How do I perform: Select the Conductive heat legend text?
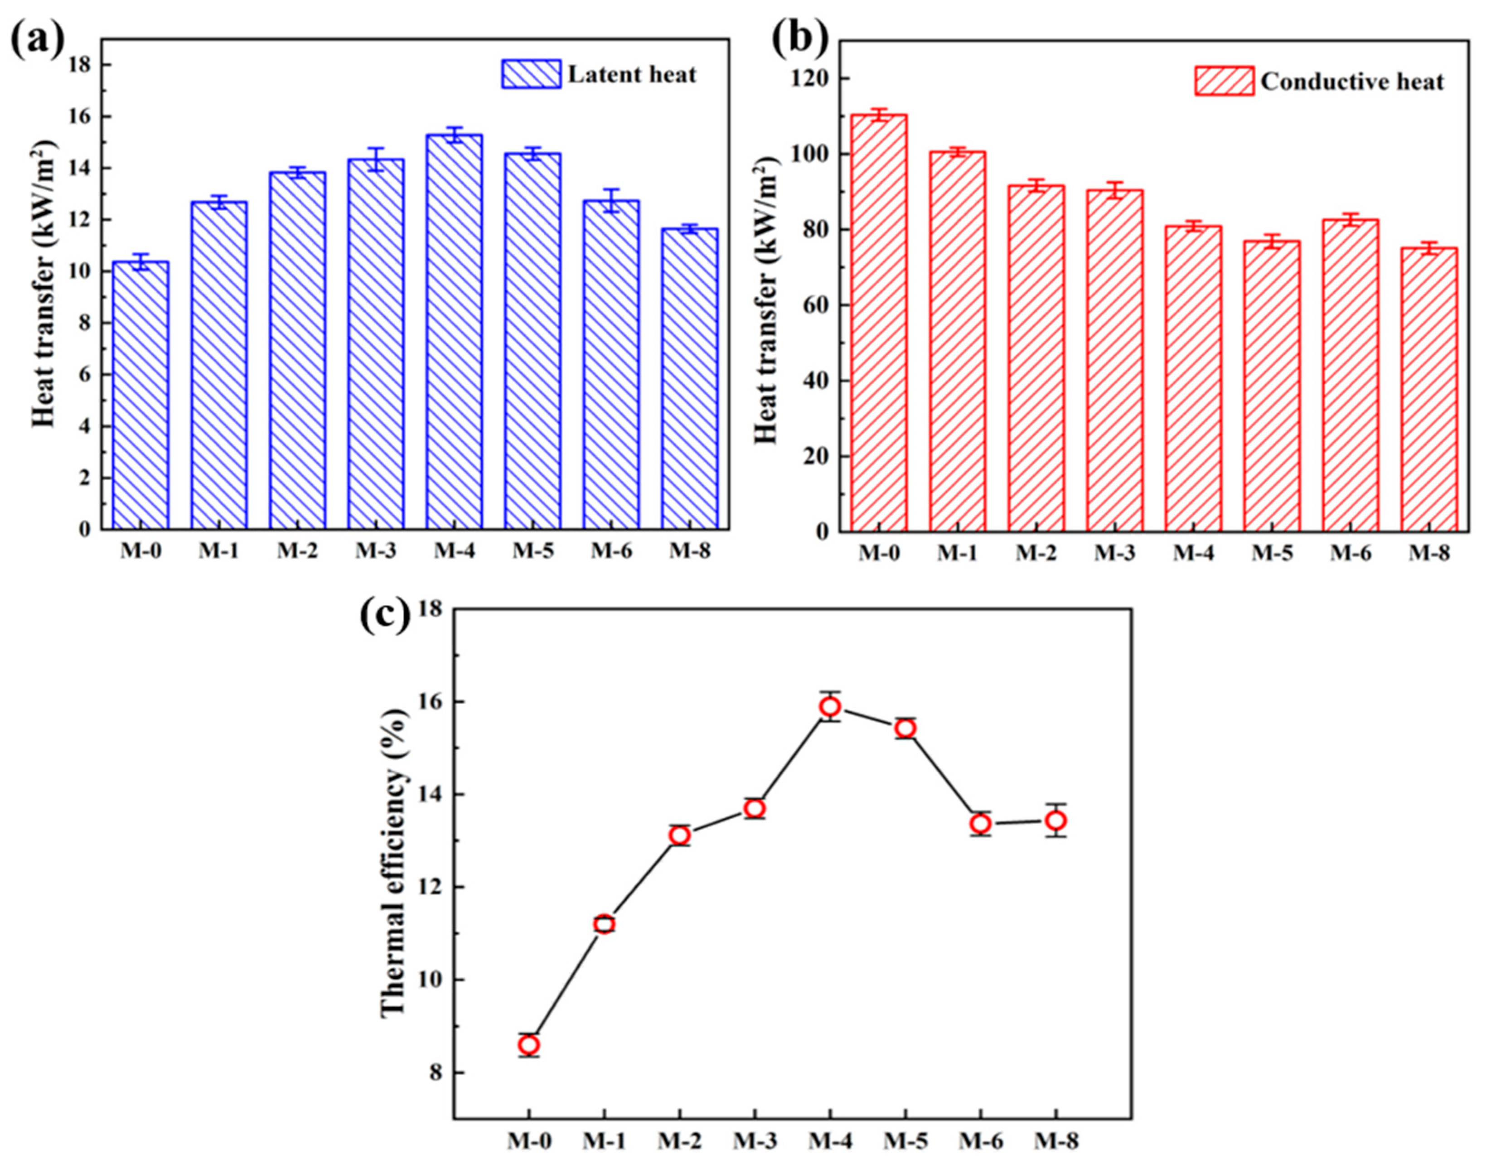tap(1352, 82)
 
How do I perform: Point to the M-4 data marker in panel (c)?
tap(830, 706)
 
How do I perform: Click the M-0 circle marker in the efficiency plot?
tap(528, 1044)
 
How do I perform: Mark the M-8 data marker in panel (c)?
tap(1056, 821)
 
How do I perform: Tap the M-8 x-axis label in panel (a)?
tap(689, 551)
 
